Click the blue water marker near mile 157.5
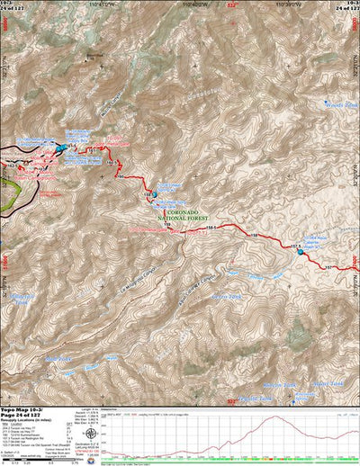click(301, 251)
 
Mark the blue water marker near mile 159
click(153, 193)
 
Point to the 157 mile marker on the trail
click(328, 267)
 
